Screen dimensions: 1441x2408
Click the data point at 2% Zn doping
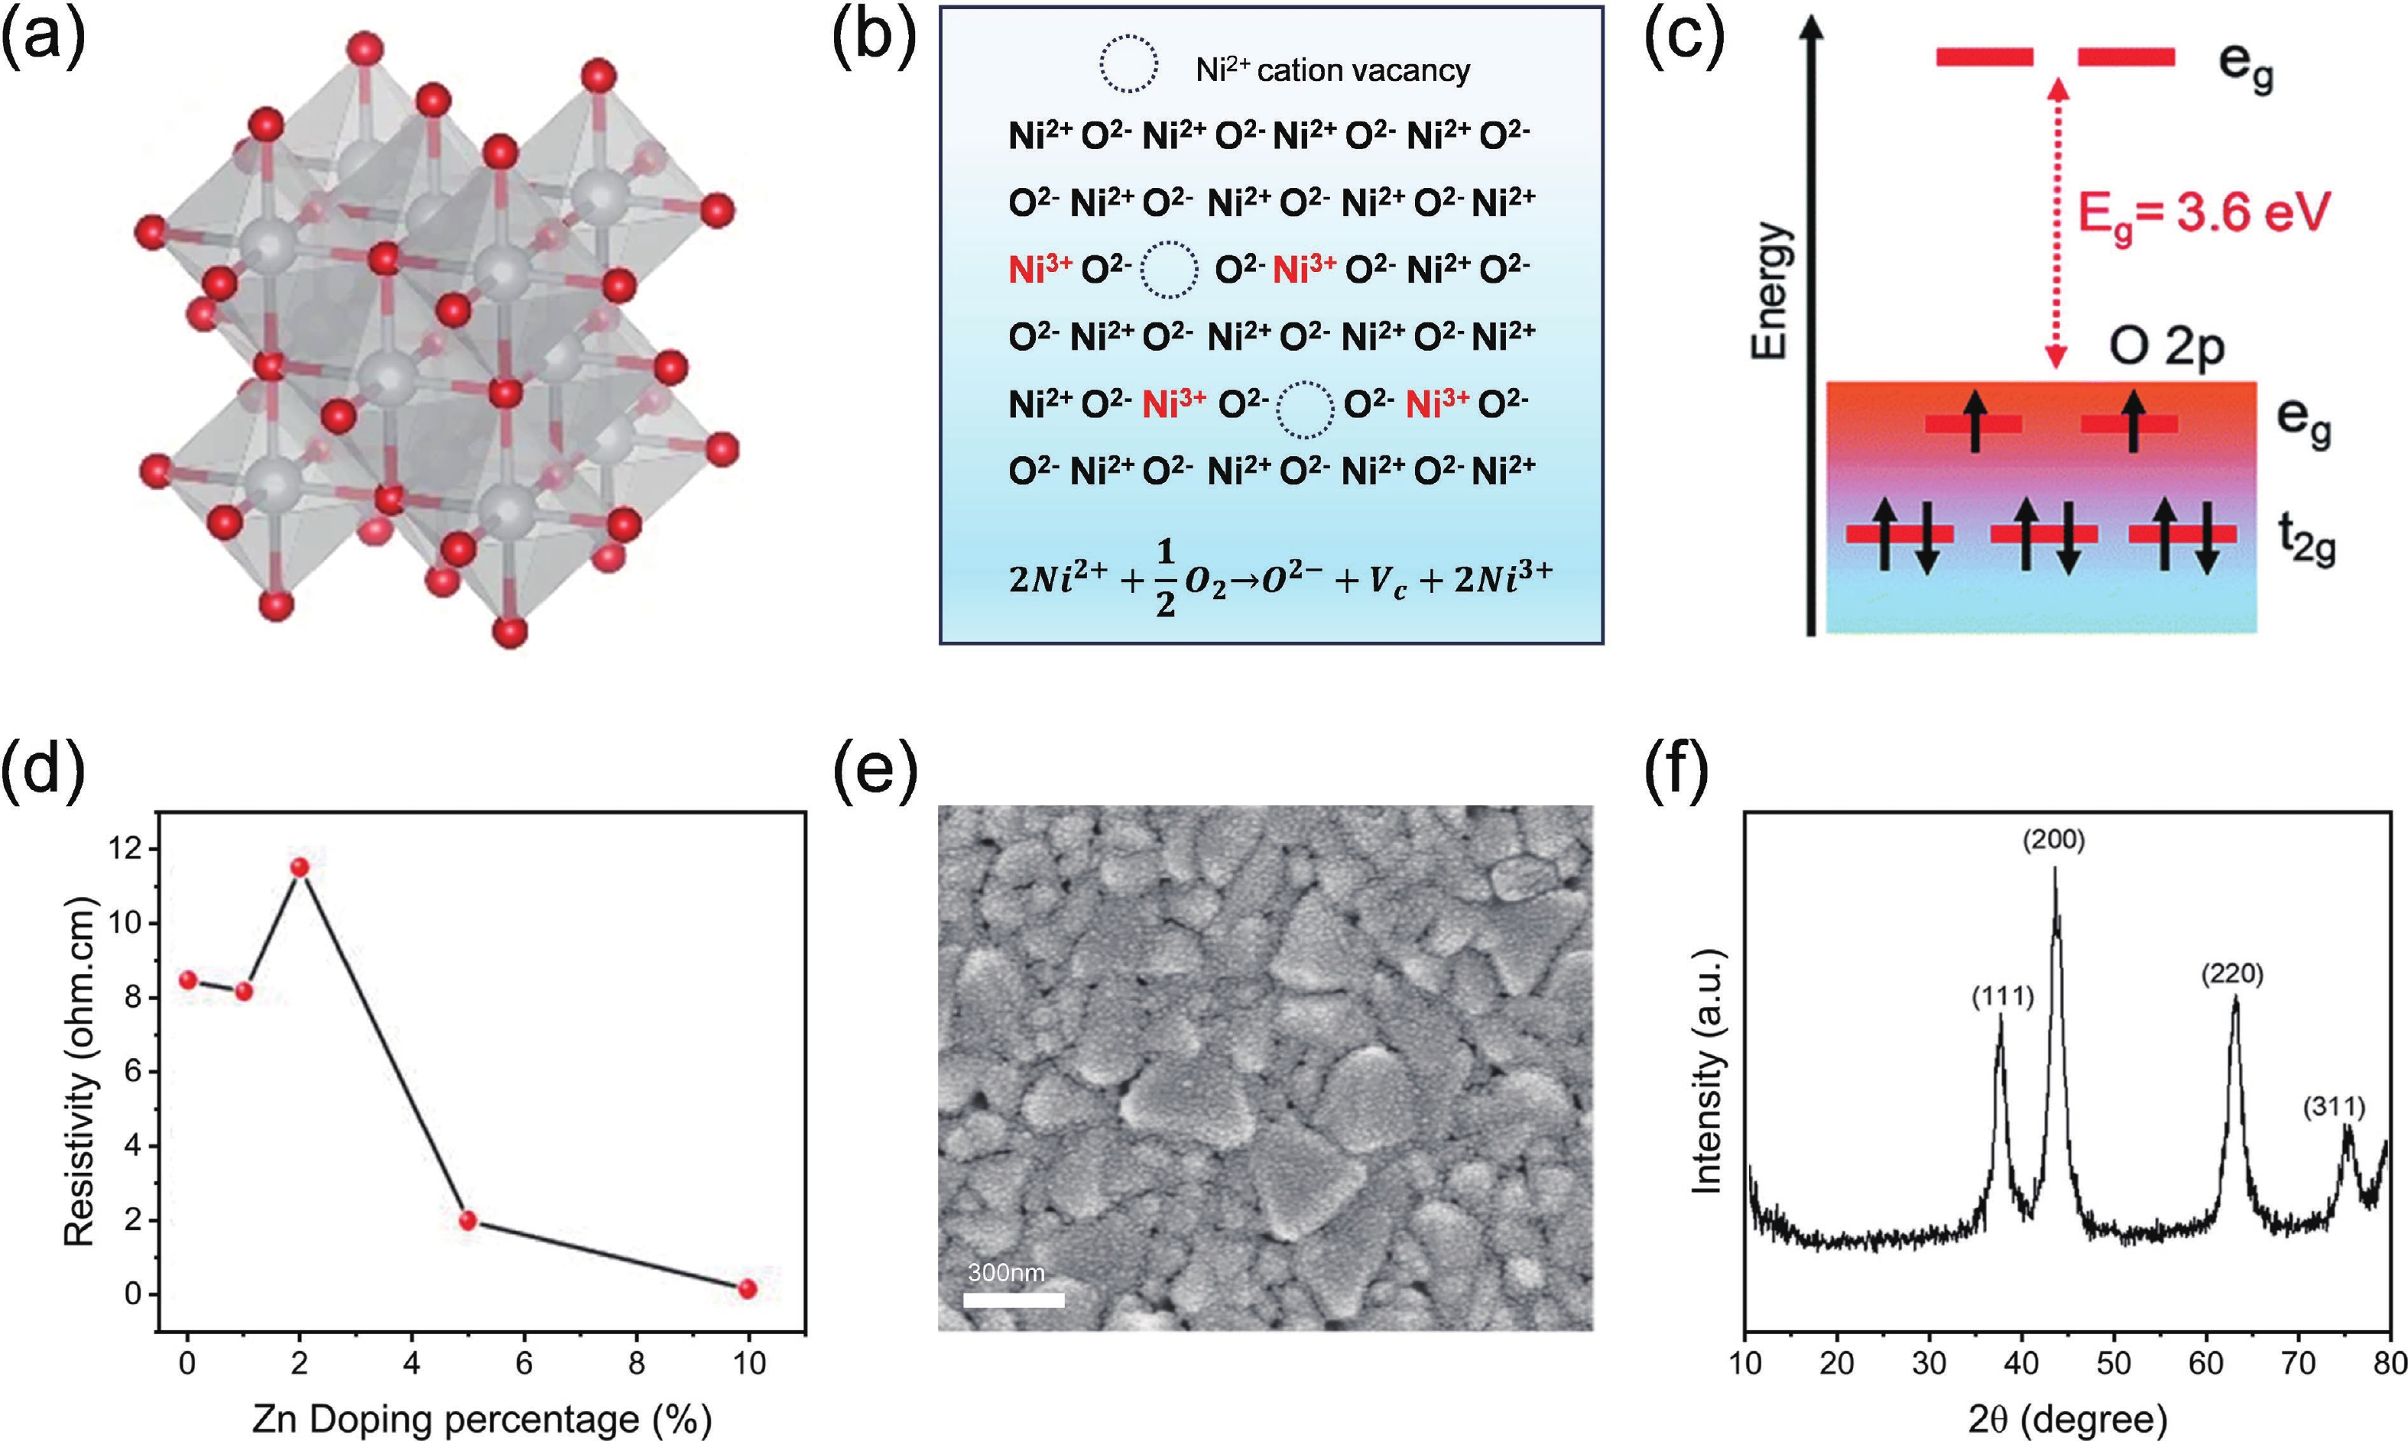[x=299, y=867]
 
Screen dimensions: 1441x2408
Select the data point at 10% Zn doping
[x=747, y=1288]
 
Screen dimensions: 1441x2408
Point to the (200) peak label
[x=2053, y=840]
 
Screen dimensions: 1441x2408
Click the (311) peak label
[x=2333, y=1107]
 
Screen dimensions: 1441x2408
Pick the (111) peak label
[x=2002, y=996]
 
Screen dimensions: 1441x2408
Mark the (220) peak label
[x=2232, y=974]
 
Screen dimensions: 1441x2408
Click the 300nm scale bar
[x=1013, y=1299]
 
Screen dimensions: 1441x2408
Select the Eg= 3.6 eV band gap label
[x=2203, y=212]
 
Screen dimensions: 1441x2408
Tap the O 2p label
[x=2165, y=348]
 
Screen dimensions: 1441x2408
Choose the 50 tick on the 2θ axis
[x=2114, y=1362]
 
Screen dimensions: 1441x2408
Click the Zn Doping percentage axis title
[x=482, y=1419]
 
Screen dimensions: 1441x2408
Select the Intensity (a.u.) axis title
[x=1707, y=1071]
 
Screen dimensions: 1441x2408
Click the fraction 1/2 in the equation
[x=1165, y=578]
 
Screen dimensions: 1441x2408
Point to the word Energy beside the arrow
[x=1769, y=291]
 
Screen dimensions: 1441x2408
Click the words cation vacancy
[x=1363, y=70]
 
